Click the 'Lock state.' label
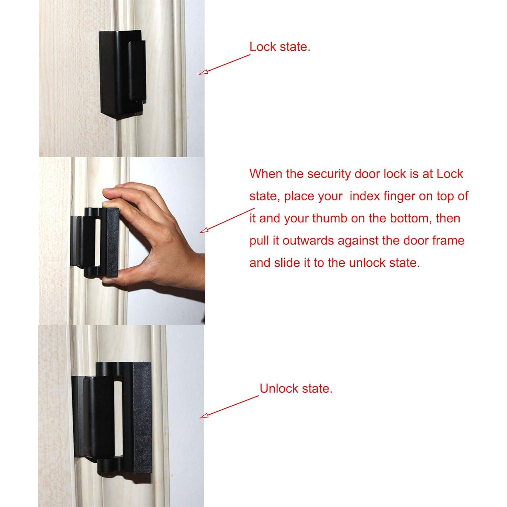point(280,47)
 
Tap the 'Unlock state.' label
point(296,389)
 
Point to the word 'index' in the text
point(365,196)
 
